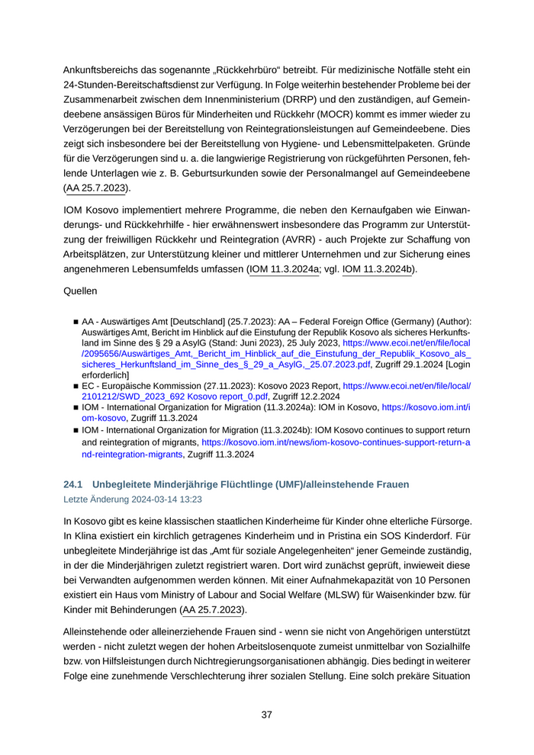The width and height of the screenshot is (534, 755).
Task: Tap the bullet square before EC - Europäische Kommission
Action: click(x=76, y=387)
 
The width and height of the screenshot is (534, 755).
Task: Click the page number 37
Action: click(x=267, y=715)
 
